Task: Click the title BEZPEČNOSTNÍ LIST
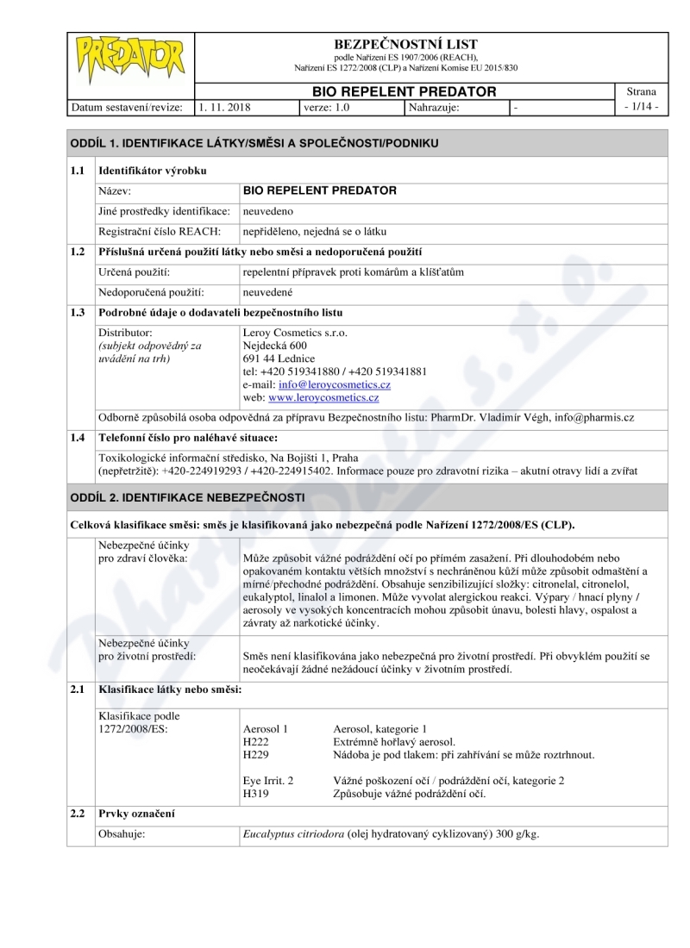pyautogui.click(x=405, y=44)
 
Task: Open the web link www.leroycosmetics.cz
pyautogui.click(x=323, y=397)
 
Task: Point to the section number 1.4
pyautogui.click(x=80, y=437)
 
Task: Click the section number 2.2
pyautogui.click(x=80, y=814)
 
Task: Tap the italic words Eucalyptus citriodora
pyautogui.click(x=294, y=834)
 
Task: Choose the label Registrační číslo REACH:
pyautogui.click(x=160, y=231)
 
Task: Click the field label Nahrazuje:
pyautogui.click(x=434, y=108)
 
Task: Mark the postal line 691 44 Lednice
pyautogui.click(x=279, y=359)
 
